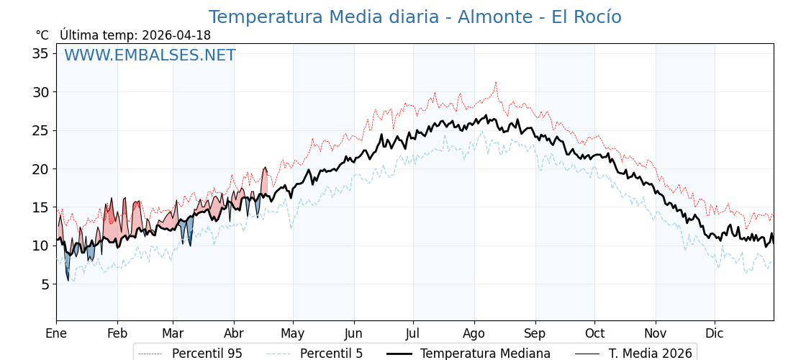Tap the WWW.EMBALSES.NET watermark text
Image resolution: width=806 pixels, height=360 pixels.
pyautogui.click(x=150, y=55)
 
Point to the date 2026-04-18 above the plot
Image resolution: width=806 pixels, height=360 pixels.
pyautogui.click(x=176, y=35)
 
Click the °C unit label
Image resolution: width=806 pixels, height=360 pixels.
pyautogui.click(x=42, y=35)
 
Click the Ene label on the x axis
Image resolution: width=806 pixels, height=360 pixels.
pyautogui.click(x=56, y=334)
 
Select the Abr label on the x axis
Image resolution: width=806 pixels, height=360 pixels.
pyautogui.click(x=234, y=334)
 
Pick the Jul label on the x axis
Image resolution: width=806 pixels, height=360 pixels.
pyautogui.click(x=413, y=334)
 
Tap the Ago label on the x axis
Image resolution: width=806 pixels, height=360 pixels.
pyautogui.click(x=474, y=334)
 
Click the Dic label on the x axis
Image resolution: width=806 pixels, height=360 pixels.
pyautogui.click(x=715, y=334)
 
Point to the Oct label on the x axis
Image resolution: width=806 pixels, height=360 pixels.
pyautogui.click(x=594, y=334)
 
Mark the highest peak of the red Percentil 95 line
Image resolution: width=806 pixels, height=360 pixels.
pyautogui.click(x=495, y=82)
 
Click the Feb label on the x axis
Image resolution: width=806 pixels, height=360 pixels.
pyautogui.click(x=117, y=334)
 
